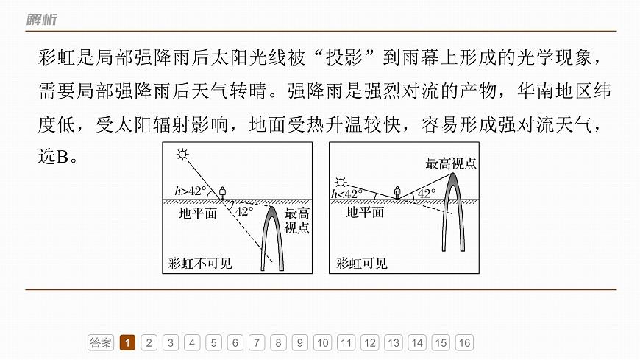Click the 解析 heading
[42, 19]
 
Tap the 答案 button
[100, 342]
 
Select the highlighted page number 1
[127, 342]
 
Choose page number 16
[464, 342]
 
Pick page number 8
[278, 342]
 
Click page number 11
[346, 342]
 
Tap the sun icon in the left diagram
[182, 155]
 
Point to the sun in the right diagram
[340, 183]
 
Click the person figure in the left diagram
[222, 193]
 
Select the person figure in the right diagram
[397, 192]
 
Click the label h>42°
[191, 191]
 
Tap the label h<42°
[346, 194]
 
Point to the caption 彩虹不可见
[200, 264]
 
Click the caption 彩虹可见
[362, 264]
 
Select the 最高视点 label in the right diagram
[451, 164]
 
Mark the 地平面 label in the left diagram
[198, 213]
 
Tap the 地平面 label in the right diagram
[365, 213]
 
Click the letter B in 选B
[63, 157]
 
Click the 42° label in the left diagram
[244, 211]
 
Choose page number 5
[213, 342]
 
